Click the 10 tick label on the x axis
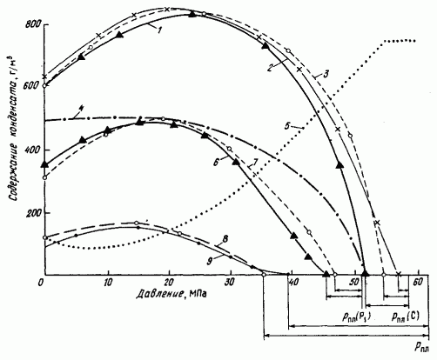tap(108, 282)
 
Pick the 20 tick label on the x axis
tap(169, 282)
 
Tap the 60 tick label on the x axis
tap(418, 282)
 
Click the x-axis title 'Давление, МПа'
tap(171, 294)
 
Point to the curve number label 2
tap(270, 69)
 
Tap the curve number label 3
tap(326, 74)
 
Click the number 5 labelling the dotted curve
tap(287, 125)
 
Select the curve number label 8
tap(225, 239)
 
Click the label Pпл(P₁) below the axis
tap(356, 317)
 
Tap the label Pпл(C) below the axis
tap(405, 317)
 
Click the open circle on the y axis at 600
tap(44, 86)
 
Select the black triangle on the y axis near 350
tap(44, 164)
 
